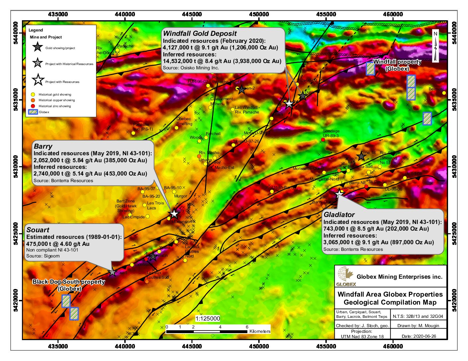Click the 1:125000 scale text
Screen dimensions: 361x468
pos(207,319)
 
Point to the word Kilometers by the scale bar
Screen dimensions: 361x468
pos(260,331)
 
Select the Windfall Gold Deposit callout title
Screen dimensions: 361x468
pos(200,34)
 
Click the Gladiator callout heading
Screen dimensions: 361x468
pos(339,215)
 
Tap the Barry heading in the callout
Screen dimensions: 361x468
pos(43,146)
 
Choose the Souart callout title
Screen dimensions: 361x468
pos(38,230)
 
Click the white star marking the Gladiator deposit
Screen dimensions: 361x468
pos(339,194)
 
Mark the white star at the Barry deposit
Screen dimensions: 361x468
pos(174,213)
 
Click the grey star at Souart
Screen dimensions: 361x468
pos(112,272)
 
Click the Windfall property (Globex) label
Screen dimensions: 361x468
pos(397,65)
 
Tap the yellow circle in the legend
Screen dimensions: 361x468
pos(33,95)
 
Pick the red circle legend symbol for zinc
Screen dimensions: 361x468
pos(33,106)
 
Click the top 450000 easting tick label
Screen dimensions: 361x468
pos(259,14)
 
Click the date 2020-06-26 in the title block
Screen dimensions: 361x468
pos(423,336)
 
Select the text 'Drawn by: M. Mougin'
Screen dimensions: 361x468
pos(418,325)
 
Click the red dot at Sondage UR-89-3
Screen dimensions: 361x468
pos(323,140)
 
